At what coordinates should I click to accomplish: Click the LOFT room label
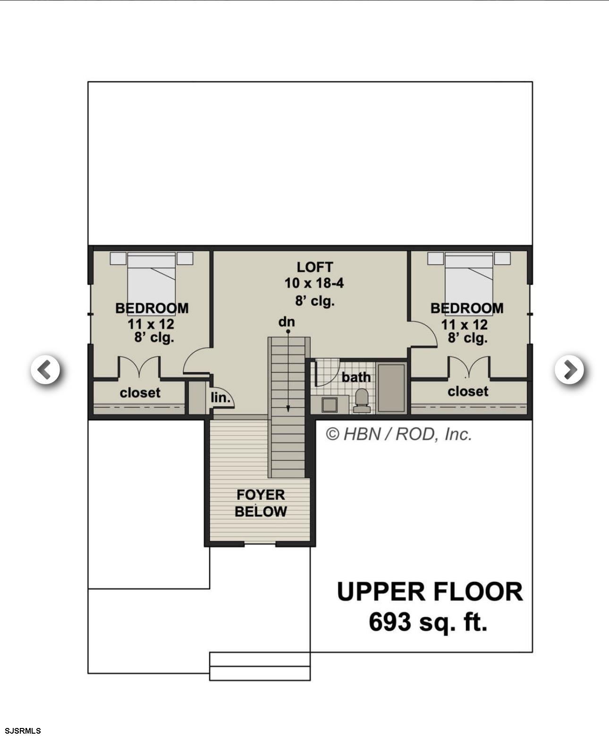314,267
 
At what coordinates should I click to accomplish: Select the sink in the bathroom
329,405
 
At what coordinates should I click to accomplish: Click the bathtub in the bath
391,388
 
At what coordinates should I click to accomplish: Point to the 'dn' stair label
286,322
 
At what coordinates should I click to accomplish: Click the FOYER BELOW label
261,503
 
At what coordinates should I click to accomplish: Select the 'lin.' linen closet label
220,397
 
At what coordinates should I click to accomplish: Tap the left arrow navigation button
45,369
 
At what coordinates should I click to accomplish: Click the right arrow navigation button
569,369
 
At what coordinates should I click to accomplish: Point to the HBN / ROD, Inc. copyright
398,434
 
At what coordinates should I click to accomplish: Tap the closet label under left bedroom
140,392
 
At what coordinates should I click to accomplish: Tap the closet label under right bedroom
468,391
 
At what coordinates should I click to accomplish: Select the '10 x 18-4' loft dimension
314,283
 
